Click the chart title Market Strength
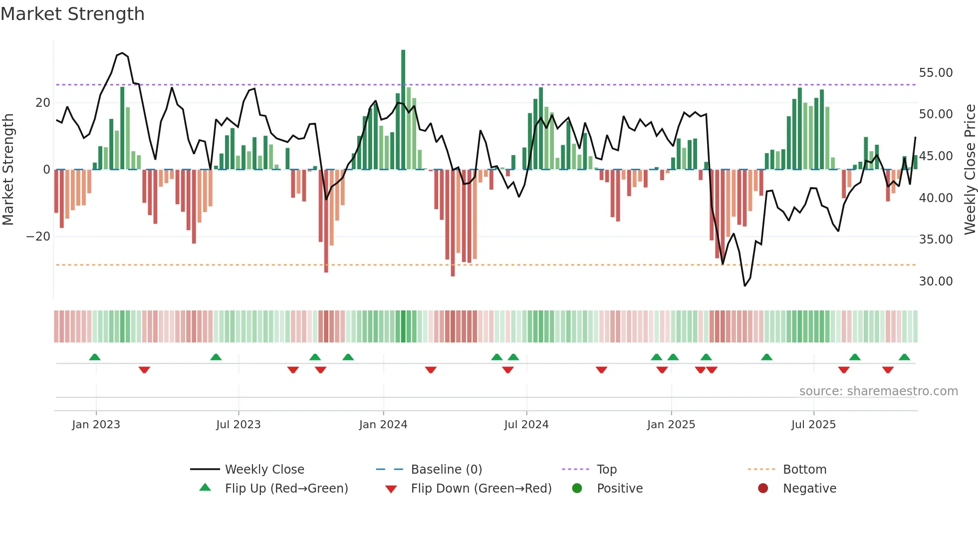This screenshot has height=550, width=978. tap(72, 14)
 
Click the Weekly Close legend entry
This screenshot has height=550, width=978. tap(264, 469)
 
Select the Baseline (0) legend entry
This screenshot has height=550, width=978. tap(446, 469)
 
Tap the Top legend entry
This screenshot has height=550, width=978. tap(606, 469)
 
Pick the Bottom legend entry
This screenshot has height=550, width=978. tap(804, 469)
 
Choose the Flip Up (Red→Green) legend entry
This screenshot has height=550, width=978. tap(286, 488)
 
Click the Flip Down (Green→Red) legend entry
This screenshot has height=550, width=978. tap(481, 488)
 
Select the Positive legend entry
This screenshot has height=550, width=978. tap(619, 488)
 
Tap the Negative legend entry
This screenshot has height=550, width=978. tap(809, 488)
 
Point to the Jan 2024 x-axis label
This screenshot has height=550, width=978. tap(383, 425)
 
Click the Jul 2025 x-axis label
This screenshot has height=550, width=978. tap(813, 425)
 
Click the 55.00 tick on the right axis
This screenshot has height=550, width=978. tap(936, 73)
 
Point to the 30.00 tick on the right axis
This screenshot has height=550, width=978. tap(936, 281)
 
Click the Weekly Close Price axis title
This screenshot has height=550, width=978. tap(970, 170)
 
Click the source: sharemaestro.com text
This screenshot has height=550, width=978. tap(878, 391)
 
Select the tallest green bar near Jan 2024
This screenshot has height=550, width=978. tap(403, 110)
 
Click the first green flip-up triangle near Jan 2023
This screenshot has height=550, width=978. tap(95, 357)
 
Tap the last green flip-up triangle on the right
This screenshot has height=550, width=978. tap(904, 357)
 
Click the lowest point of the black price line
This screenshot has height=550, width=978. tap(744, 285)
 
